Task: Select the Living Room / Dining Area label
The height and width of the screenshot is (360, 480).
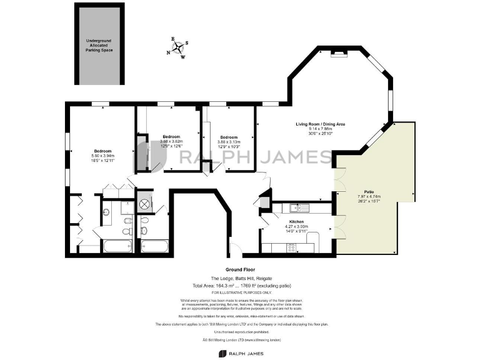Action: (x=320, y=124)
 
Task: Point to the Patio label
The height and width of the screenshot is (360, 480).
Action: (x=369, y=192)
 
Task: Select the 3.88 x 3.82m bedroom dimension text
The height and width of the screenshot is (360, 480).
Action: (x=171, y=141)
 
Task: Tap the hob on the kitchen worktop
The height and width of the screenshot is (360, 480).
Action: (x=291, y=248)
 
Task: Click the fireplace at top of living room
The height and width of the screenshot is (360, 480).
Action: (x=339, y=55)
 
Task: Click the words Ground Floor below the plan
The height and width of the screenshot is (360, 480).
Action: (x=241, y=270)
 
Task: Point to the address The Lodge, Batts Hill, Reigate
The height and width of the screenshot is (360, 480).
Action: (x=241, y=278)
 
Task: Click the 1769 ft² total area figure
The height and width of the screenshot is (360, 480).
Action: (x=256, y=286)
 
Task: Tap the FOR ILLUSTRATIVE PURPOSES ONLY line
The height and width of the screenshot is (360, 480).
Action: (x=241, y=292)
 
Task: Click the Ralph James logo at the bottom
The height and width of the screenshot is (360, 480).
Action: (x=241, y=353)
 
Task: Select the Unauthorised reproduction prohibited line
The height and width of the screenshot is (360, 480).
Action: (x=241, y=332)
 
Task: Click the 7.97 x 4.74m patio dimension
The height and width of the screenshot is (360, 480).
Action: (x=369, y=196)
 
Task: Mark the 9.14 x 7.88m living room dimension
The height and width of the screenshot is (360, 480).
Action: (x=320, y=129)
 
